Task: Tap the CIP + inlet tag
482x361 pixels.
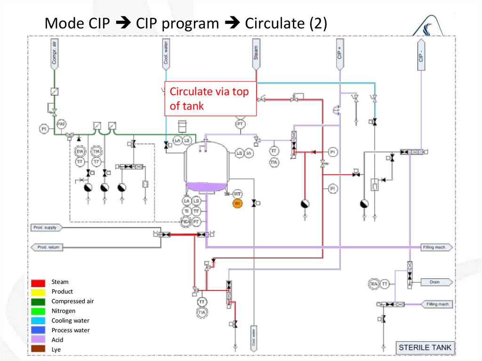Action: pyautogui.click(x=339, y=53)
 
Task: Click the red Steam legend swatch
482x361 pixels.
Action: pyautogui.click(x=39, y=282)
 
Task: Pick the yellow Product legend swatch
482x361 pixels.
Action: pyautogui.click(x=39, y=292)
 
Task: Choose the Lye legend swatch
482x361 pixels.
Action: pyautogui.click(x=39, y=350)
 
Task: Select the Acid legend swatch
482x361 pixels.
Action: pyautogui.click(x=39, y=340)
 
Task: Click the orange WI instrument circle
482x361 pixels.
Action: pyautogui.click(x=237, y=203)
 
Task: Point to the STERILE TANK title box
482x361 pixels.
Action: pyautogui.click(x=425, y=348)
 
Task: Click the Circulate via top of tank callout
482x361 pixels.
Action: pyautogui.click(x=210, y=99)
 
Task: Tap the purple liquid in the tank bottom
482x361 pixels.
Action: pyautogui.click(x=205, y=187)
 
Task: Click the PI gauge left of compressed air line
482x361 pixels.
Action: pyautogui.click(x=43, y=128)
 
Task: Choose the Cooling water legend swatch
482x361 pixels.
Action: pyautogui.click(x=39, y=321)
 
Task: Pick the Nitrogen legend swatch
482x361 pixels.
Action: pyautogui.click(x=39, y=311)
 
